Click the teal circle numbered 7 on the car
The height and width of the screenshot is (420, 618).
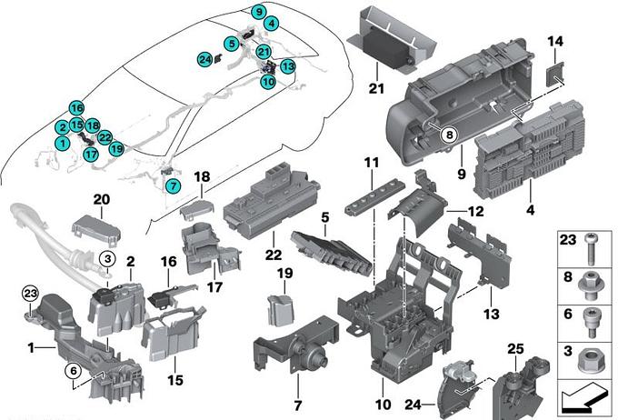coord(173,185)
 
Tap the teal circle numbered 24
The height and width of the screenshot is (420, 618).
coord(205,59)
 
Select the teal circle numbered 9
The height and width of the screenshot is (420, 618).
coord(259,12)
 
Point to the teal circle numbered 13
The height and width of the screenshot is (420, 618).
coord(287,66)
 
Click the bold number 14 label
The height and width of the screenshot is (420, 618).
coord(556,41)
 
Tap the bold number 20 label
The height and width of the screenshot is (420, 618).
coord(101,199)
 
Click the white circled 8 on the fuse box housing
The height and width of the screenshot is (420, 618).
coord(447,135)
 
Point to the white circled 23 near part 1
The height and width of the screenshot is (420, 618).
coord(28,293)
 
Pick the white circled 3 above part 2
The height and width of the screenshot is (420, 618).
coord(105,259)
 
